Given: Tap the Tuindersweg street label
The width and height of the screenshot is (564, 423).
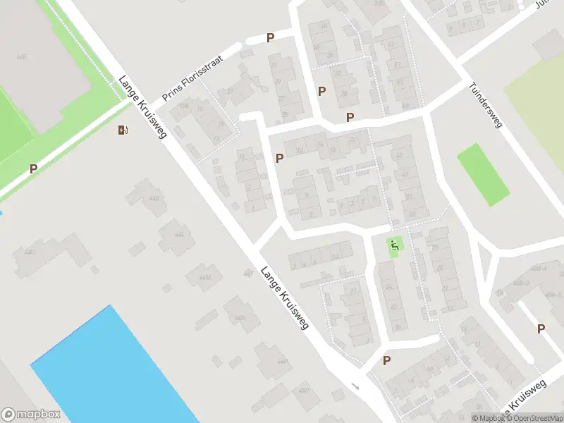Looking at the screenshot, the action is click(485, 106).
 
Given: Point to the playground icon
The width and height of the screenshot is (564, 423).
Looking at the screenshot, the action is click(395, 245).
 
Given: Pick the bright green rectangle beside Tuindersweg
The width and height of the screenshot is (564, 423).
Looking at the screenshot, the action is click(483, 174).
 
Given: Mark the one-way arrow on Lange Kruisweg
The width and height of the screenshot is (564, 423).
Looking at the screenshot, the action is click(355, 386).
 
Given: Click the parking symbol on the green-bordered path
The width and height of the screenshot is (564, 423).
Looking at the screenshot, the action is click(33, 168).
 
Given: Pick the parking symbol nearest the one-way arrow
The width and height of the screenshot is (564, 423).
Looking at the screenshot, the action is click(386, 360).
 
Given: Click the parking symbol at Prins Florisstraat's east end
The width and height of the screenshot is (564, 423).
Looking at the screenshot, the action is click(270, 38).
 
